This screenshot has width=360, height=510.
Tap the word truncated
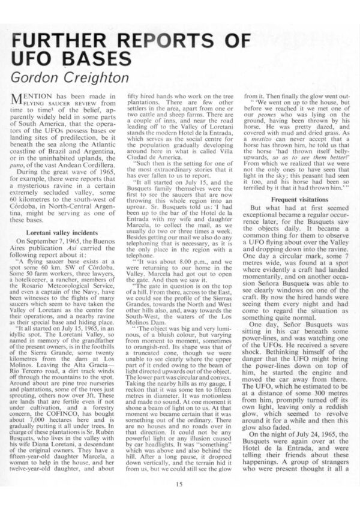point(145,352)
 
